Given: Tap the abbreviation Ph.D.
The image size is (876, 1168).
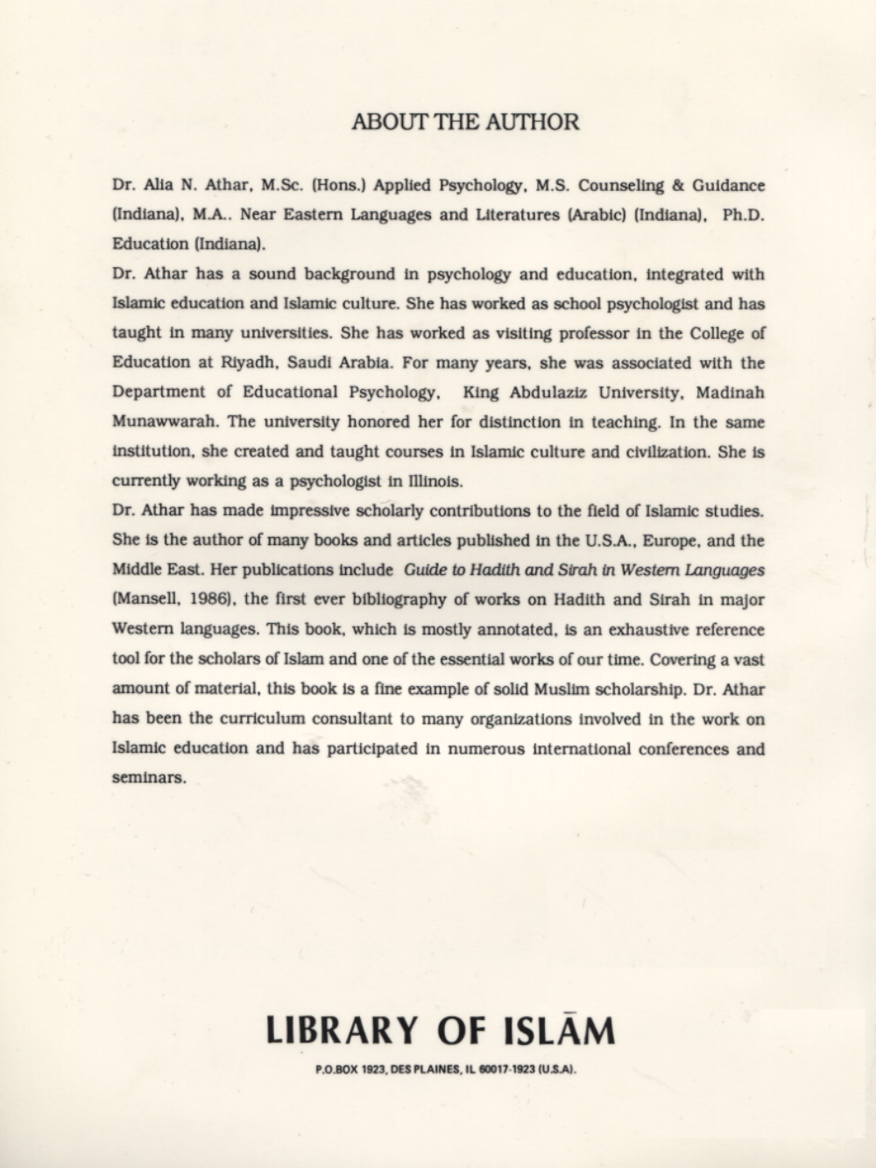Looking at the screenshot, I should click(744, 215).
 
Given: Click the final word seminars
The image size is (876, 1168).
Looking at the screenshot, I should click(149, 778).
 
